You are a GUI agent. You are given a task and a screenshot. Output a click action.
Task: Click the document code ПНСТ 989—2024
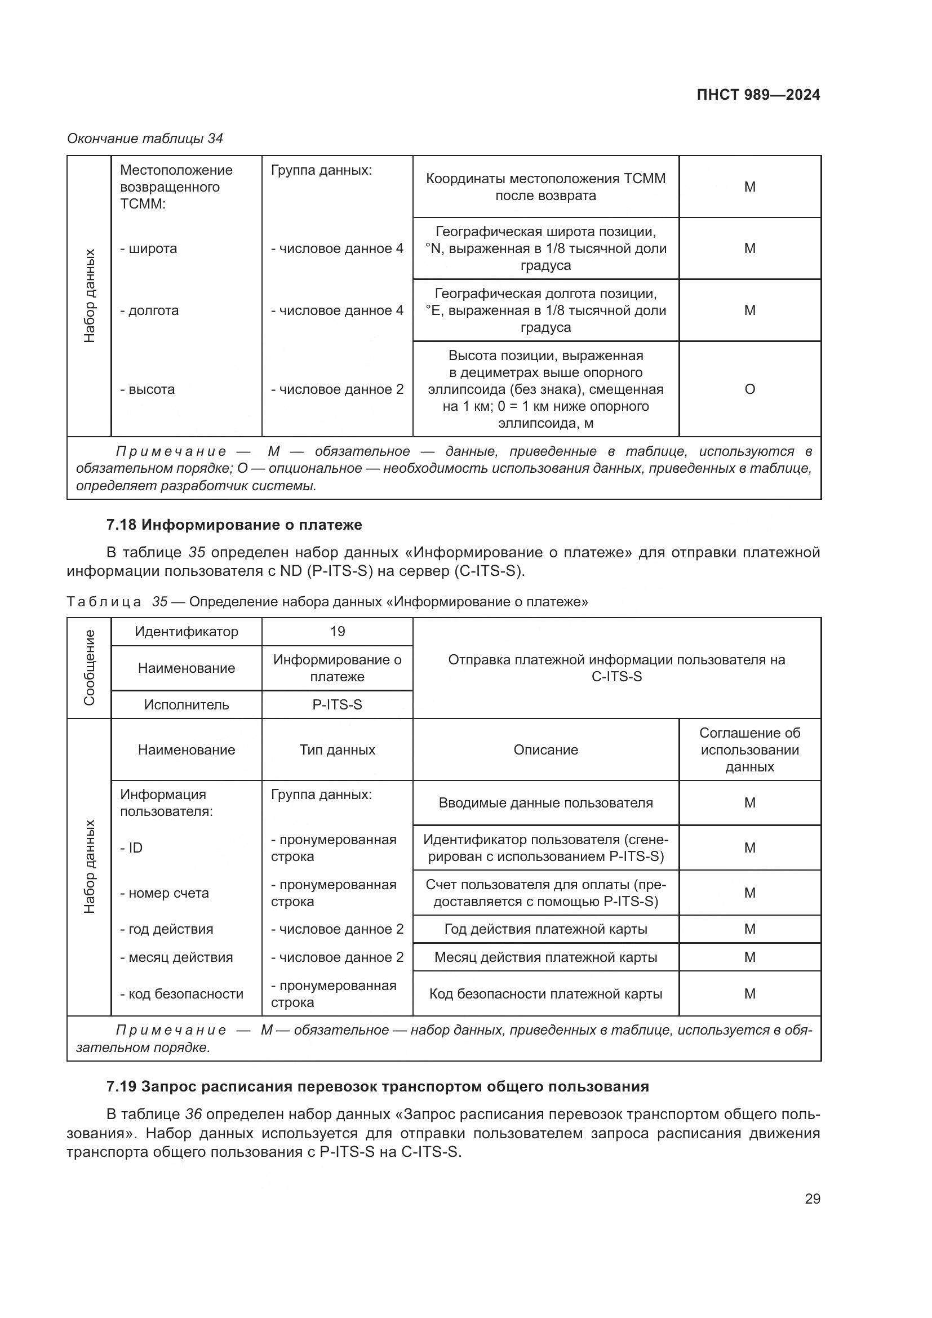[x=758, y=95]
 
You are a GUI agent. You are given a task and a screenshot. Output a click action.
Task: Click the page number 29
[x=812, y=1199]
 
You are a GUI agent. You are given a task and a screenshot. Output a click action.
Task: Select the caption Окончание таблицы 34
[x=145, y=139]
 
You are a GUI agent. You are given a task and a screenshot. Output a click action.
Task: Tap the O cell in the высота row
[x=749, y=389]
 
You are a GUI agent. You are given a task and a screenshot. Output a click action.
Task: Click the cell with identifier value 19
[x=337, y=632]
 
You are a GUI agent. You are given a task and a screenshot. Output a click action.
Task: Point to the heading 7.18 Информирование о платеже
[x=234, y=525]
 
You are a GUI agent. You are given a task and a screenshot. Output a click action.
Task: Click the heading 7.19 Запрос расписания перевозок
[x=378, y=1086]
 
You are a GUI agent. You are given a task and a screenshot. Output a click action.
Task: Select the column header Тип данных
[x=337, y=749]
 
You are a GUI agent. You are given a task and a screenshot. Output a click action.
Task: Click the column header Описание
[x=545, y=749]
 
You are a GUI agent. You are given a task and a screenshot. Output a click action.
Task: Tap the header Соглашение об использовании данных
[x=749, y=749]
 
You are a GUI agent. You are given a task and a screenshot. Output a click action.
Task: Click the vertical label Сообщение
[x=89, y=668]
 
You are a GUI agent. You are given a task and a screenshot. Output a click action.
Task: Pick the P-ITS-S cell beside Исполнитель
[x=337, y=704]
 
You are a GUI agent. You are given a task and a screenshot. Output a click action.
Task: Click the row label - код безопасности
[x=182, y=993]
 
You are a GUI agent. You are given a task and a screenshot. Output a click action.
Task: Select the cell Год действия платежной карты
[x=545, y=929]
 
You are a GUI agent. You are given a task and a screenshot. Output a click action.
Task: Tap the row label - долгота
[x=149, y=310]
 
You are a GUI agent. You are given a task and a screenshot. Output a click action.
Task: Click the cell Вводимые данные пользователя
[x=545, y=802]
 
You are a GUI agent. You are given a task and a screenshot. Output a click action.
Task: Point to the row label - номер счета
[x=164, y=893]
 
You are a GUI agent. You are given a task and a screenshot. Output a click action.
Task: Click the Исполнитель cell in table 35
[x=186, y=704]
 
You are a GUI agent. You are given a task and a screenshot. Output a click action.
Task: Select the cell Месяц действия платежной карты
[x=545, y=957]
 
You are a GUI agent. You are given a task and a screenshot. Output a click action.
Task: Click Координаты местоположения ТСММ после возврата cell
[x=545, y=187]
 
